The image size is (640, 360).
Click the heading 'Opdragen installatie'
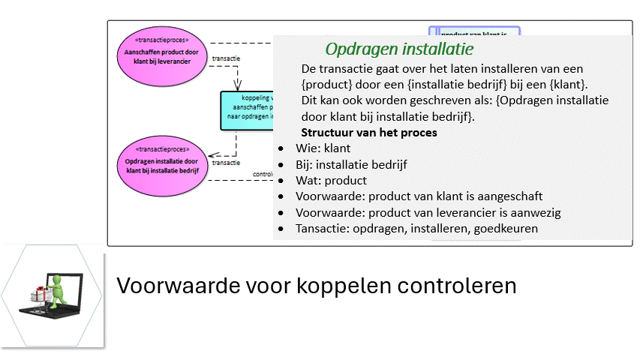(x=398, y=49)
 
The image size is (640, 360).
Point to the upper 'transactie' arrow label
(x=226, y=58)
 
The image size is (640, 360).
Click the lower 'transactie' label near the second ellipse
(x=226, y=162)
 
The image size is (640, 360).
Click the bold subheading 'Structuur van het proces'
(x=369, y=133)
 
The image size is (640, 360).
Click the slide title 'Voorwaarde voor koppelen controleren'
(x=316, y=286)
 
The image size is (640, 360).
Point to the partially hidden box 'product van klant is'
(x=475, y=32)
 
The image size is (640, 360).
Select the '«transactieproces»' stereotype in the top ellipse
(x=161, y=40)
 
